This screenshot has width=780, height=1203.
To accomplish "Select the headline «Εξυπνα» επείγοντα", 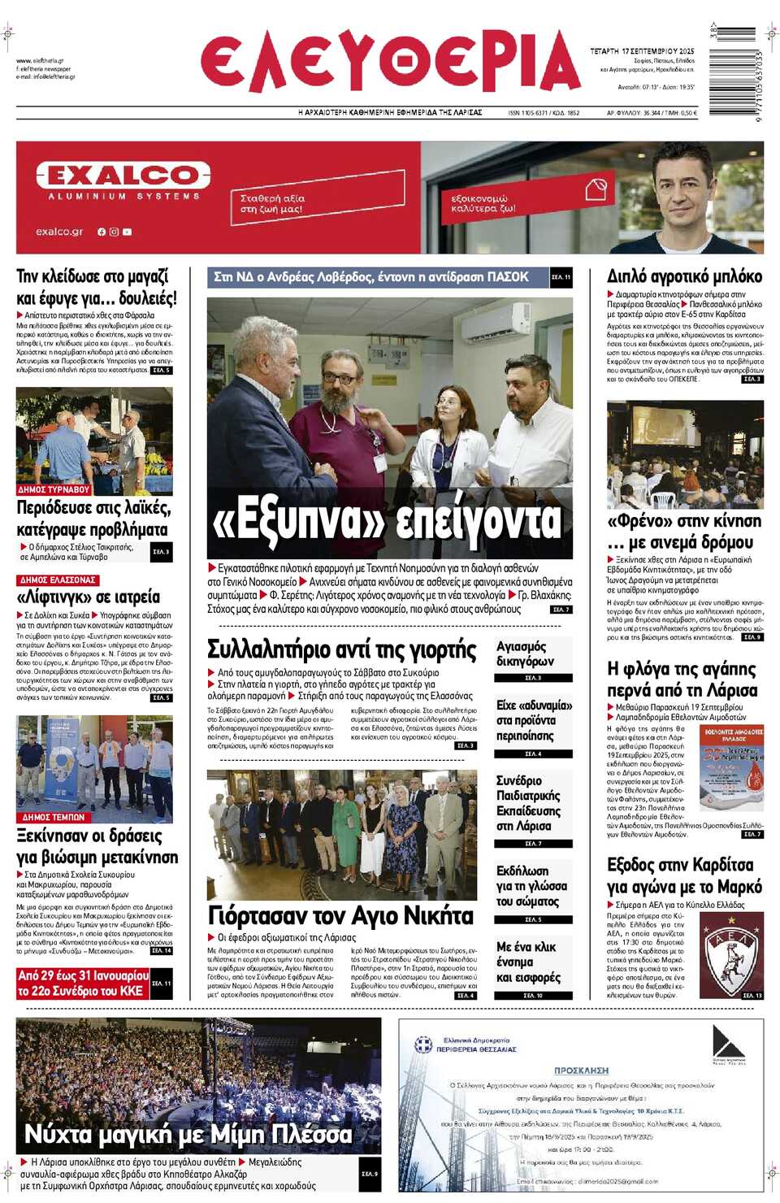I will tap(387, 521).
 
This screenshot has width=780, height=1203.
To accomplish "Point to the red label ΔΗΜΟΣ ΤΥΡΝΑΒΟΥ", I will tap(54, 490).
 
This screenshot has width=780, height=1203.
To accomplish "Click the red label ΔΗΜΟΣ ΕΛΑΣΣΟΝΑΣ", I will tap(57, 580).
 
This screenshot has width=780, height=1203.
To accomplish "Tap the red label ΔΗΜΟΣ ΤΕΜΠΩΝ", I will tap(54, 817).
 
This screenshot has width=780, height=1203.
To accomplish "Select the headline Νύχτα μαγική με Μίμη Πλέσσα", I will tap(188, 1134).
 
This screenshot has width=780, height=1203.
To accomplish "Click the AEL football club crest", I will tap(730, 954).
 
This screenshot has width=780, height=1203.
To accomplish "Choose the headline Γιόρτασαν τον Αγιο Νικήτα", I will tap(340, 916).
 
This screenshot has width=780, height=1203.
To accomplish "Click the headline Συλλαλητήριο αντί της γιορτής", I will tap(341, 649).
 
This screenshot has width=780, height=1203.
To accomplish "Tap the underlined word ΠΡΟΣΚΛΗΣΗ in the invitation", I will tap(581, 1071).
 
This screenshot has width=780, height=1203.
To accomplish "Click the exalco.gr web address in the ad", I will tap(59, 232).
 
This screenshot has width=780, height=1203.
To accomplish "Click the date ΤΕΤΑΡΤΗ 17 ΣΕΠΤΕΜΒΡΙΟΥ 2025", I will tap(642, 51).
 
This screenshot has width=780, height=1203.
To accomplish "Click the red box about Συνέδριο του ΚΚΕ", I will tap(83, 983).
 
